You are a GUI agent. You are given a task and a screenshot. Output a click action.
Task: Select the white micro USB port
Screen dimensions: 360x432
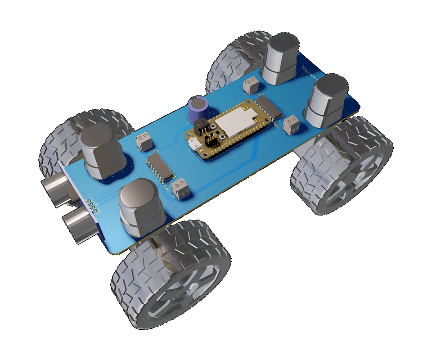195,144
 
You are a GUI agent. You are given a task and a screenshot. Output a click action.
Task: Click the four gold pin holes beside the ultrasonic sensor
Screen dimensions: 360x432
93,205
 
